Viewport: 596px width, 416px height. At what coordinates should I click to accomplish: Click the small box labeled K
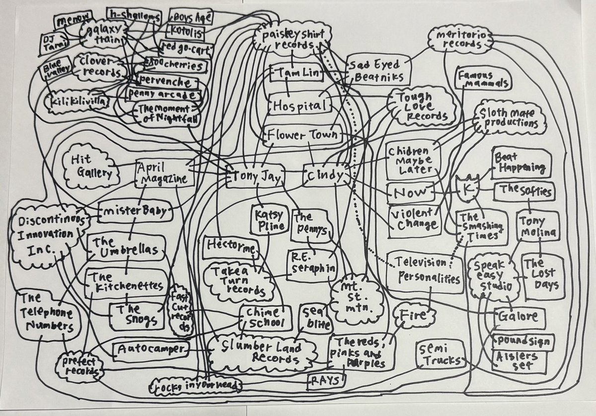coord(466,191)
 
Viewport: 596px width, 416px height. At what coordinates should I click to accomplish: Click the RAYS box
coord(325,381)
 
